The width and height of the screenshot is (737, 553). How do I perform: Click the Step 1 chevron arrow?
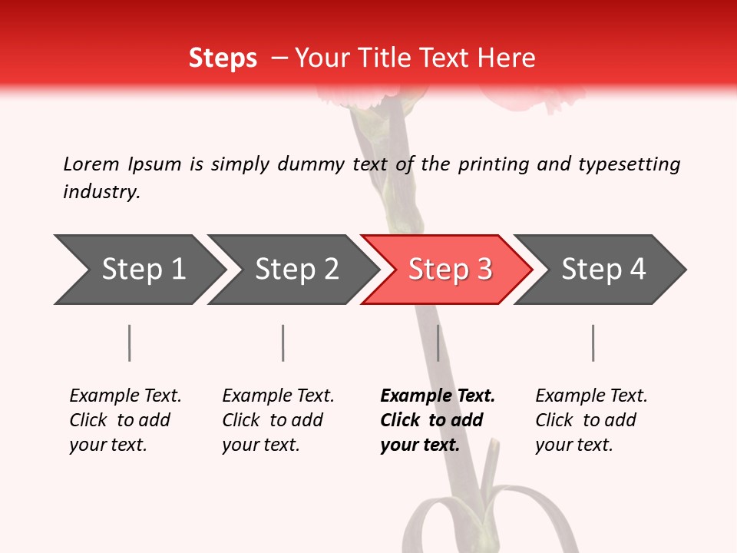138,270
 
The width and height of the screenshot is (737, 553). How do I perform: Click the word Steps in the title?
223,58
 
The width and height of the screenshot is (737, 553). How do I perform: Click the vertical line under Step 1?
130,343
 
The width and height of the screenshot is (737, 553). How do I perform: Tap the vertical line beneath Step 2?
283,343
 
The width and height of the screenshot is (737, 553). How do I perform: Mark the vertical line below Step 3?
438,343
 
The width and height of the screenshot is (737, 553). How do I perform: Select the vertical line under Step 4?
593,343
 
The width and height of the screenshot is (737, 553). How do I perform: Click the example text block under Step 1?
125,420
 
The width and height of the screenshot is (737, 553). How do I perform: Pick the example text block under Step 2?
278,420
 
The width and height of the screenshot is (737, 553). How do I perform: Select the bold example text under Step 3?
437,420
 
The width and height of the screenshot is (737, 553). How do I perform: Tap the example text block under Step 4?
591,420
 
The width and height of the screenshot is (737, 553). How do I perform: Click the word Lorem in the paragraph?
91,164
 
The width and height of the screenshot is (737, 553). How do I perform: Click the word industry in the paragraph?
101,192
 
